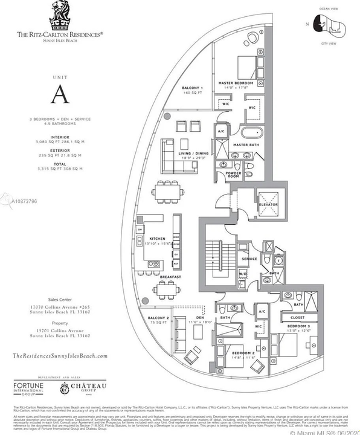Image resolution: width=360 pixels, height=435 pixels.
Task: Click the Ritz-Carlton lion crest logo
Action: [59, 16]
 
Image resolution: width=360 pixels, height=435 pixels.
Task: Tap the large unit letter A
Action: [59, 94]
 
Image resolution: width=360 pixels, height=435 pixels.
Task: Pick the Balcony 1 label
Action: [192, 88]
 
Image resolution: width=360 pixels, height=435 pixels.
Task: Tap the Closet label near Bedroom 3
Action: [296, 316]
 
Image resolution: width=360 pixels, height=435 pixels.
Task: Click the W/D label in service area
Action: [243, 274]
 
